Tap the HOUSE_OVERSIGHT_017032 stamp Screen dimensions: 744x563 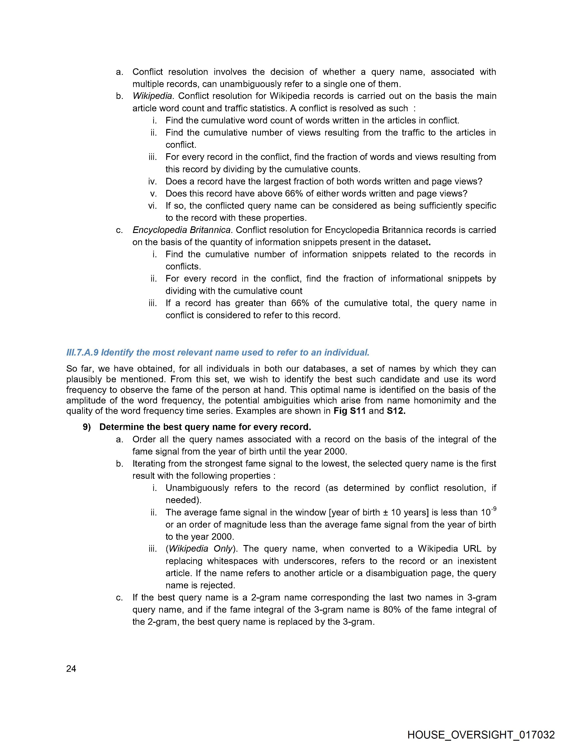481,735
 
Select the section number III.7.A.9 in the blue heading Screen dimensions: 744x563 82,352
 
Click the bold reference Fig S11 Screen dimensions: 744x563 349,411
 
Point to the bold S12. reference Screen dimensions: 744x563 396,411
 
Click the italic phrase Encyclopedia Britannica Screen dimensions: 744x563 182,230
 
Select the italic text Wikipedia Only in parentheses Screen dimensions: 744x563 200,549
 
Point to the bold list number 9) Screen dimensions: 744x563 87,427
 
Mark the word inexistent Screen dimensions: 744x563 474,561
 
